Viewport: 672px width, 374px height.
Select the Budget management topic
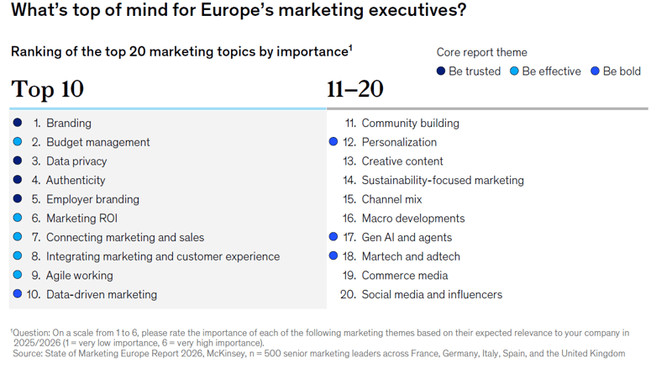(x=97, y=143)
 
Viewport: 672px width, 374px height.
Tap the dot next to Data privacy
(x=18, y=161)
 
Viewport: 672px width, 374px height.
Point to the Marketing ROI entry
(x=81, y=219)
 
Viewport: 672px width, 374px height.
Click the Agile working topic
(x=79, y=276)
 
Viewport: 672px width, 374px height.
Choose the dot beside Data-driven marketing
(x=18, y=294)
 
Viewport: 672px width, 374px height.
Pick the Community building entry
(x=410, y=124)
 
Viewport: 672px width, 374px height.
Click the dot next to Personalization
(x=333, y=143)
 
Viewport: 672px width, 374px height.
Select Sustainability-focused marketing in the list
(x=442, y=181)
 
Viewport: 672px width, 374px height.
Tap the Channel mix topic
(x=391, y=199)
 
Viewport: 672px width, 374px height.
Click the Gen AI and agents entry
(x=407, y=238)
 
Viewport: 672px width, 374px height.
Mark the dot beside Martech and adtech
(x=333, y=256)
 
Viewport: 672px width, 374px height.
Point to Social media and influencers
(x=432, y=295)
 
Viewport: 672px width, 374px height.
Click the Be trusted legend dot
(x=441, y=71)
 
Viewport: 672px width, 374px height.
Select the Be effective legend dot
(x=514, y=71)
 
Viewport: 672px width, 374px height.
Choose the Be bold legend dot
(x=595, y=71)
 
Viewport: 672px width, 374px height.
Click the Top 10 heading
(x=47, y=89)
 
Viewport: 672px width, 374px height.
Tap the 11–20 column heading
(x=355, y=89)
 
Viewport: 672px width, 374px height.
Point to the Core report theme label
(x=481, y=52)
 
